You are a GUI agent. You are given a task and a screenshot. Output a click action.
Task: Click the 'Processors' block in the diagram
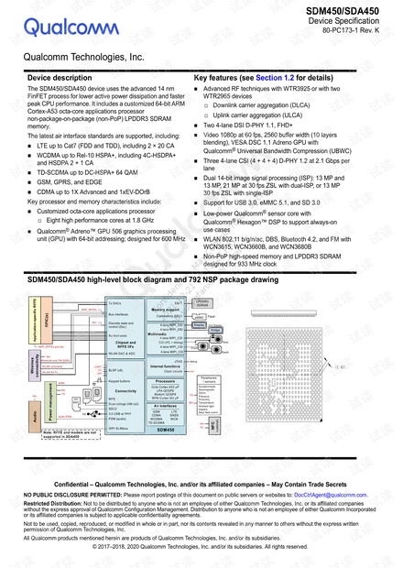tap(166, 379)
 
